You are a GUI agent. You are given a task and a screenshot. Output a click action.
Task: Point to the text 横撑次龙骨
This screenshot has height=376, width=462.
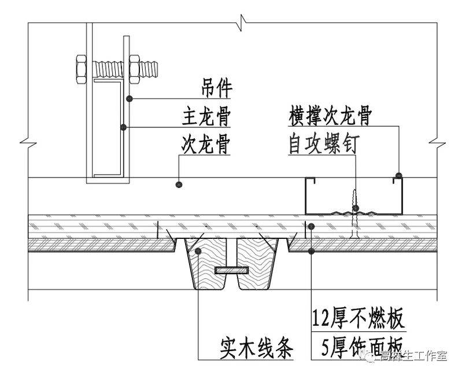tap(330, 117)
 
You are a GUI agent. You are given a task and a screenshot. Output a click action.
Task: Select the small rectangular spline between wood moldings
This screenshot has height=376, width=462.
tap(231, 270)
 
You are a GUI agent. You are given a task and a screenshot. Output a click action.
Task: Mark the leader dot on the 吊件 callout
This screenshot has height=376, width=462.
tap(131, 99)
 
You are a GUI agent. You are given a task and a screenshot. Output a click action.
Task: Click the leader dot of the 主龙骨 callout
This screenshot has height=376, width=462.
tap(123, 127)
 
